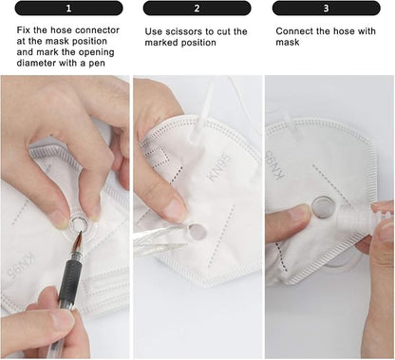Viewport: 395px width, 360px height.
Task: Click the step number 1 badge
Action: pos(68,9)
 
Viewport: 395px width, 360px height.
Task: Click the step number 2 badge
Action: pos(197,9)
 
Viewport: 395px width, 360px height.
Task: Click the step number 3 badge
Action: pos(326,9)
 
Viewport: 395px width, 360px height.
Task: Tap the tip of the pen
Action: pos(81,234)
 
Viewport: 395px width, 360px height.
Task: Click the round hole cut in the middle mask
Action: pos(197,232)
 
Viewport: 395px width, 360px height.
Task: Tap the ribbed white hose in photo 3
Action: pos(353,218)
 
